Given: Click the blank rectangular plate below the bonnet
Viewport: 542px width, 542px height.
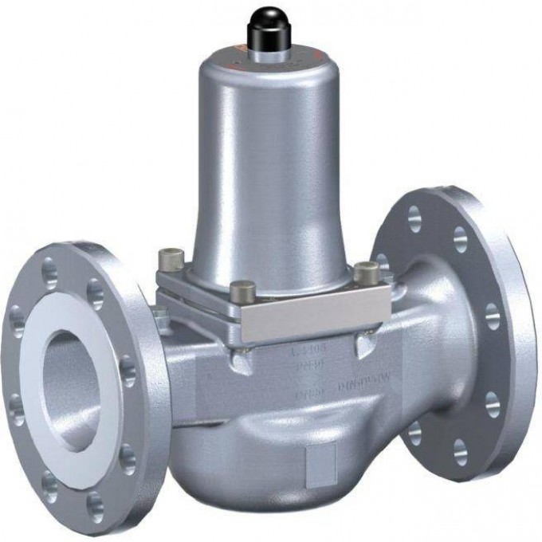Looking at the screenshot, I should pyautogui.click(x=319, y=317).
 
